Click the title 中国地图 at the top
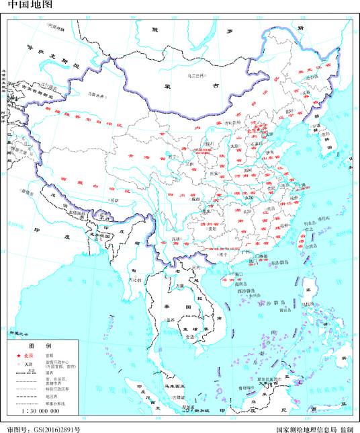(x=25, y=5)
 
